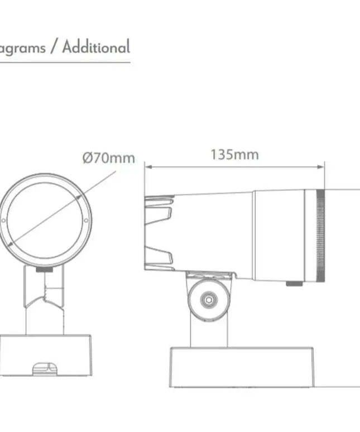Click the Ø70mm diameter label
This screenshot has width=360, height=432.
109,158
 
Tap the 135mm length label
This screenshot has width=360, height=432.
234,155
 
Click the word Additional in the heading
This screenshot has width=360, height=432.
96,47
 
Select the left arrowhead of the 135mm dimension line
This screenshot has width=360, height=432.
147,166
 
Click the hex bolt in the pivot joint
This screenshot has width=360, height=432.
208,299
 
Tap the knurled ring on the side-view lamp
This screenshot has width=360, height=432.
321,236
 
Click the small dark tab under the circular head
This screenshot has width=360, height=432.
44,269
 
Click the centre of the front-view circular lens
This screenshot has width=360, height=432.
45,220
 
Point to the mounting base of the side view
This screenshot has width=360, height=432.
242,367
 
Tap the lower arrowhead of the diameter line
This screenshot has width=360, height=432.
11,244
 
